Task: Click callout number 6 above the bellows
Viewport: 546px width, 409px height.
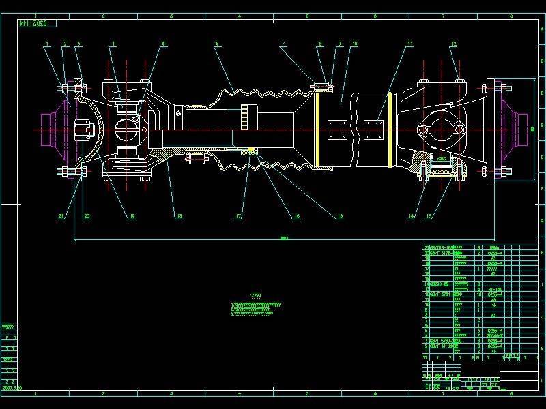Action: point(217,44)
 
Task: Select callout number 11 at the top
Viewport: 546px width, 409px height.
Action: point(410,44)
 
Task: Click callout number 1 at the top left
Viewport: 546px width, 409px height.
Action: point(47,44)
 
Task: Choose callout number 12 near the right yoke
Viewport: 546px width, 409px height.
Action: point(453,44)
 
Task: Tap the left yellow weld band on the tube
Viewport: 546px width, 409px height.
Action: point(317,130)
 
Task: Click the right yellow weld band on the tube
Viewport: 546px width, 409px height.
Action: point(389,130)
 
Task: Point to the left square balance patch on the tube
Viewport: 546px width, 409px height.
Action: point(337,130)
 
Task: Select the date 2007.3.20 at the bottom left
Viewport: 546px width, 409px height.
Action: point(12,385)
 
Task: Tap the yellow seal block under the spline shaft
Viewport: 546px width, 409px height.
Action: point(251,150)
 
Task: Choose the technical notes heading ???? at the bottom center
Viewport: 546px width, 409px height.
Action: point(257,297)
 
